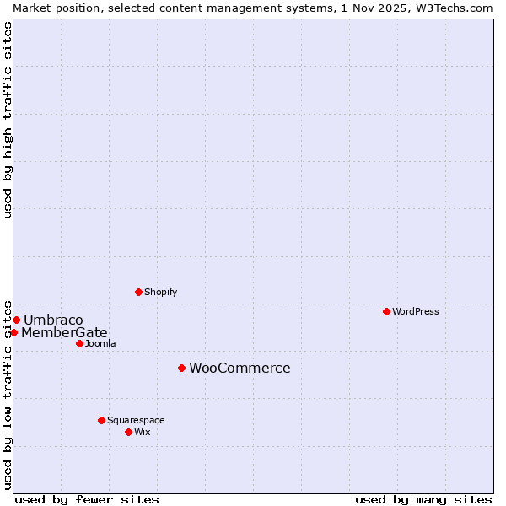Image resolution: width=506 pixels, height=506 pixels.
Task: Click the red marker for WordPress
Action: (386, 311)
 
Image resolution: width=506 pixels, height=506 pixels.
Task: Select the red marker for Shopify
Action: (138, 292)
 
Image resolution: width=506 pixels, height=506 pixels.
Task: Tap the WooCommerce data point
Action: (181, 368)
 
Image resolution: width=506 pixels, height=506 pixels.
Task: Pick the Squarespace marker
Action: (101, 420)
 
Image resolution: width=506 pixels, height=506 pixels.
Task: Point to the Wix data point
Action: (128, 432)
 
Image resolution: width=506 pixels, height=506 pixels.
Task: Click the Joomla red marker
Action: (79, 343)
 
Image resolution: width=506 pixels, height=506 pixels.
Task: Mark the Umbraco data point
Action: (16, 320)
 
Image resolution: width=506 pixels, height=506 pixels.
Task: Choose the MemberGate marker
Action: (14, 332)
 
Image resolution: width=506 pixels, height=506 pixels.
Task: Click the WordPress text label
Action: (416, 311)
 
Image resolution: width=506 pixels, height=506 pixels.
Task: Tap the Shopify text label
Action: (160, 292)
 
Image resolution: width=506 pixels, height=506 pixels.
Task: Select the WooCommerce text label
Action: (240, 368)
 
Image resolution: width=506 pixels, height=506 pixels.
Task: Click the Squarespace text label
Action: (136, 420)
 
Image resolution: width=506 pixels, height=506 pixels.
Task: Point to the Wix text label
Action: (143, 432)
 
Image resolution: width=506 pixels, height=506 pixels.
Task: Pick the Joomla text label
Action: (100, 343)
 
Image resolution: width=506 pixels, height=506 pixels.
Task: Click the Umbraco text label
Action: (53, 320)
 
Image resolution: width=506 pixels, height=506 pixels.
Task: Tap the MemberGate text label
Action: (64, 332)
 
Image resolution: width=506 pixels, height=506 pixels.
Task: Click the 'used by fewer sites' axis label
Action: (87, 499)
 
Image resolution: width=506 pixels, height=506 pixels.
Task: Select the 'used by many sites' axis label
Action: (423, 499)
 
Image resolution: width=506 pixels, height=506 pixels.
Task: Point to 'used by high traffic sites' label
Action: (8, 120)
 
